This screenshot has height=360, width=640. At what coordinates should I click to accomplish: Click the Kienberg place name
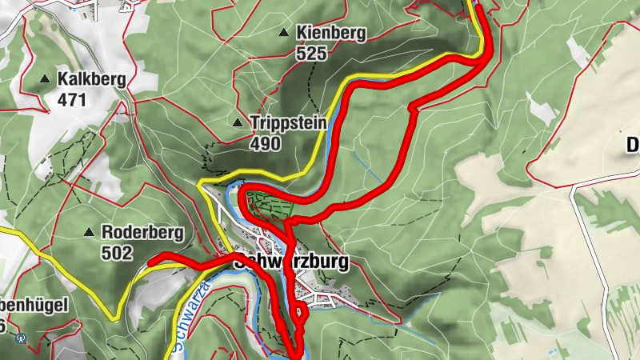click(330, 34)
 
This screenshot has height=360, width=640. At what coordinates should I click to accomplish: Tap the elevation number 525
click(310, 54)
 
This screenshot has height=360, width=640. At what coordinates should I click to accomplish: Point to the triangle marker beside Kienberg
click(283, 33)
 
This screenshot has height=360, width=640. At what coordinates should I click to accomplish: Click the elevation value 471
click(70, 100)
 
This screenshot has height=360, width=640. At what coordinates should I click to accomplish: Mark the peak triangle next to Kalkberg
click(45, 80)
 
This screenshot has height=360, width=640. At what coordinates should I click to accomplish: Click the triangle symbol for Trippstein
click(237, 123)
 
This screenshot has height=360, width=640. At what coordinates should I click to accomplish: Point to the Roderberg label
click(142, 233)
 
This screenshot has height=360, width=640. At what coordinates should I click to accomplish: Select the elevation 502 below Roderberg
click(117, 253)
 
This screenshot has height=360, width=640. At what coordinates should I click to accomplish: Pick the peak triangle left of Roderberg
click(89, 233)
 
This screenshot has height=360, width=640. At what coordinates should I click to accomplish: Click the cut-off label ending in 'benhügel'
click(34, 306)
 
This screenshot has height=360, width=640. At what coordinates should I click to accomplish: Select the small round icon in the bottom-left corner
click(22, 338)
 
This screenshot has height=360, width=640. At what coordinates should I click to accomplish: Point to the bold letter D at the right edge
click(632, 146)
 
